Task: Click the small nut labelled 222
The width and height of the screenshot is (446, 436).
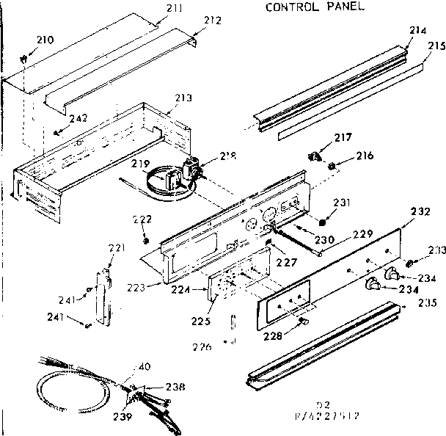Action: click(x=145, y=241)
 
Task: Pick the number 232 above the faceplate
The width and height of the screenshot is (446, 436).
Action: click(x=420, y=212)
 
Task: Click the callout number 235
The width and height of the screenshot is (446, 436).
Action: click(x=426, y=302)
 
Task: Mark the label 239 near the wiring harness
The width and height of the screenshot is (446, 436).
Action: click(x=123, y=417)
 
